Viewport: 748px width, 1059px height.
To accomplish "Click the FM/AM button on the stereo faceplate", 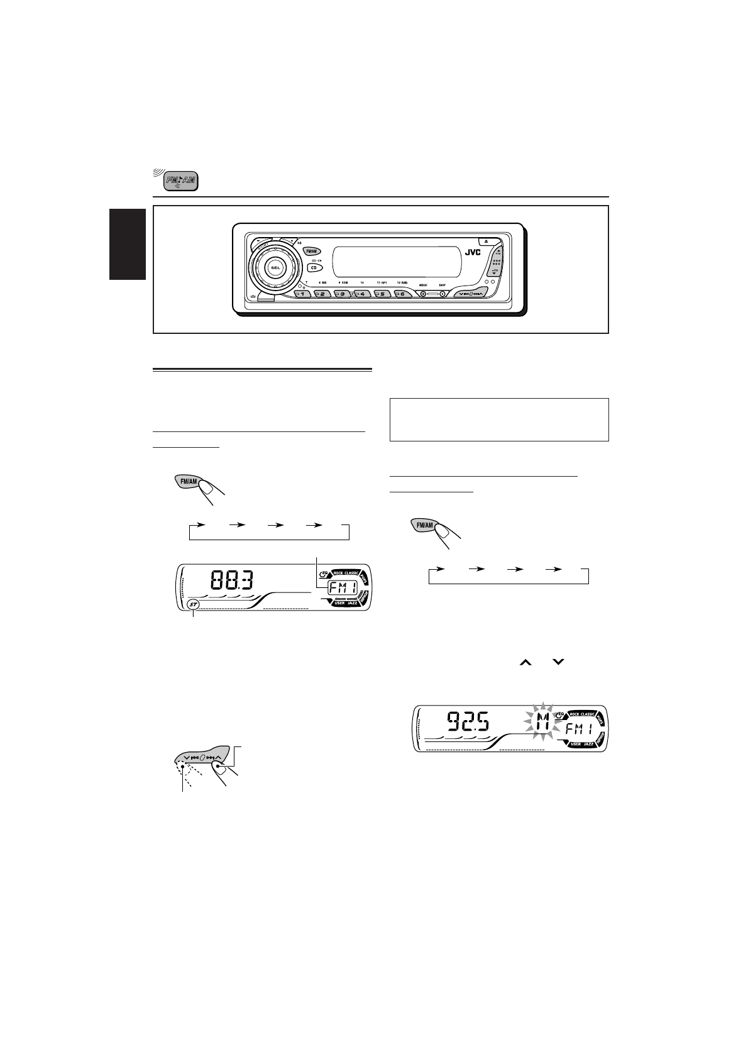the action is [312, 250].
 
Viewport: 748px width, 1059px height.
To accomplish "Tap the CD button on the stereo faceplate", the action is [312, 267].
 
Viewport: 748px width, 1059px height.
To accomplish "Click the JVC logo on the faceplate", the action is [472, 253].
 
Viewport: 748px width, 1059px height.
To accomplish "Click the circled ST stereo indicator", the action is [194, 605].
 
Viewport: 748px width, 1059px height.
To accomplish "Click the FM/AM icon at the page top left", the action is [182, 182].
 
